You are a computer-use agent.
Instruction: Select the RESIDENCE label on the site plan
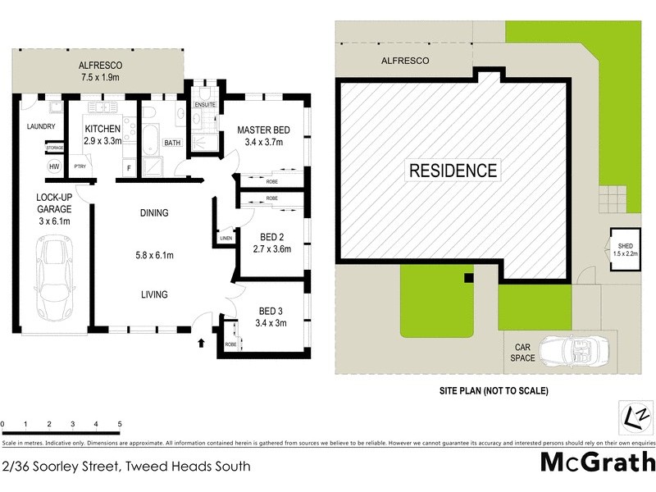coord(453,171)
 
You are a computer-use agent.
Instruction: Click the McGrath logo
coord(597,462)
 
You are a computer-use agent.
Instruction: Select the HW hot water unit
coord(55,166)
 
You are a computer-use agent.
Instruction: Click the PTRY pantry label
coord(80,166)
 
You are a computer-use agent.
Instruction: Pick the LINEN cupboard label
coord(225,239)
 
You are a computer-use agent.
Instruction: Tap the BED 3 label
coord(271,311)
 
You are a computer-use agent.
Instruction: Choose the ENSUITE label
coord(205,104)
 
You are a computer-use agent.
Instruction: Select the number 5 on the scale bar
coord(120,424)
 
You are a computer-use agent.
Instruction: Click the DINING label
coord(153,213)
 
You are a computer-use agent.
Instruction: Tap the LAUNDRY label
coord(40,126)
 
